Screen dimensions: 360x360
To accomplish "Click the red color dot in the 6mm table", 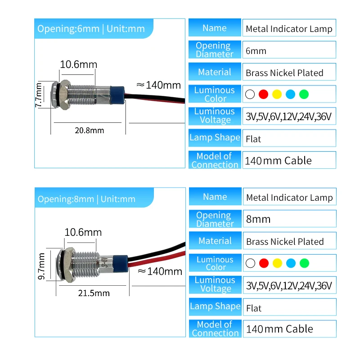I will [264, 94].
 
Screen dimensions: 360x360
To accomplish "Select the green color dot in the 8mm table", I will [305, 263].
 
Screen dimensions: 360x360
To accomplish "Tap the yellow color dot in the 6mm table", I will [277, 94].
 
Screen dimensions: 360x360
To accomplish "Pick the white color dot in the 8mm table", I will [251, 263].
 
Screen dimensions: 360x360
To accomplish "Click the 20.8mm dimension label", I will [90, 130].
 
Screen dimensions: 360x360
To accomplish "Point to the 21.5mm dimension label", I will [94, 293].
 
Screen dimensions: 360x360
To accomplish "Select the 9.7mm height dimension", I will [42, 266].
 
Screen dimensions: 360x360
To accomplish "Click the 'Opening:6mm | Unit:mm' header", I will [91, 29].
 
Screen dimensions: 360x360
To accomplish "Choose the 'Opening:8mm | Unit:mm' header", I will [87, 199].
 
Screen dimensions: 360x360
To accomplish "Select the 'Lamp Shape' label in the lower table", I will [215, 306].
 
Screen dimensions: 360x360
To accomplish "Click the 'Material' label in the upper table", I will [215, 72].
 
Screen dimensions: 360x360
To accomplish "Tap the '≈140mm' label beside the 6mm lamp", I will [158, 85].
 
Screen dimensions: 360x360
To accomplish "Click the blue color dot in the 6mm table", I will [291, 94].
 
